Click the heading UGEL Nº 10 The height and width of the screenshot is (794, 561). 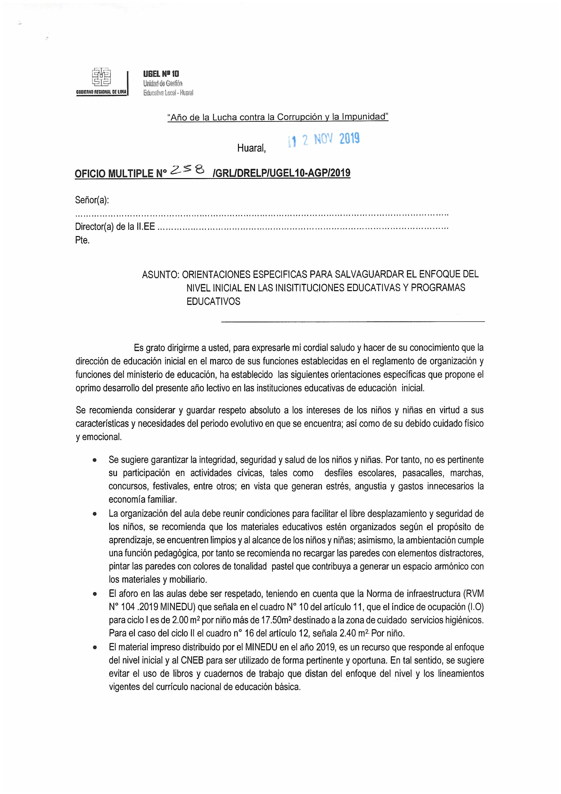click(x=161, y=74)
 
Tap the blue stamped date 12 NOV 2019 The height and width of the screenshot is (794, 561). click(x=324, y=139)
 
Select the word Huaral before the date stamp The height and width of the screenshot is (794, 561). click(x=251, y=148)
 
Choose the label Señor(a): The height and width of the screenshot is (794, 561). click(x=92, y=200)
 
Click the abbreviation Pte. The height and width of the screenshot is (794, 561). click(x=82, y=240)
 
